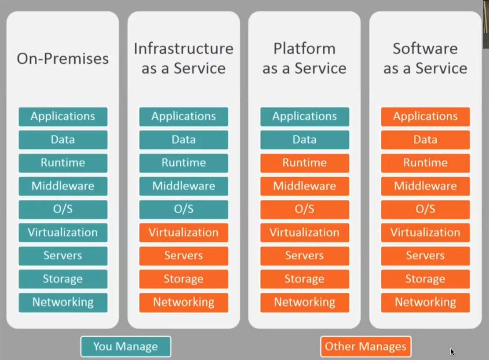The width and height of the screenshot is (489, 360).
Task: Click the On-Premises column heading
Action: pyautogui.click(x=62, y=58)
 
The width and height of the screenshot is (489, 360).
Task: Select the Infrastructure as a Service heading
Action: pyautogui.click(x=183, y=58)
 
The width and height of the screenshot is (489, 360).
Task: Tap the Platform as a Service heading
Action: pyautogui.click(x=304, y=58)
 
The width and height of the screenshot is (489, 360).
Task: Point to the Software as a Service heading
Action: pyautogui.click(x=425, y=58)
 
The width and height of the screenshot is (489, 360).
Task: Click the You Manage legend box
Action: pyautogui.click(x=125, y=346)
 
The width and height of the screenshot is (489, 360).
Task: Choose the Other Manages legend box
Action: pyautogui.click(x=365, y=346)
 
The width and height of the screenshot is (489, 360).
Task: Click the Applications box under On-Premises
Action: pyautogui.click(x=63, y=116)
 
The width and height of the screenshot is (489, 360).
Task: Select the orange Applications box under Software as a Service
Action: pyautogui.click(x=425, y=116)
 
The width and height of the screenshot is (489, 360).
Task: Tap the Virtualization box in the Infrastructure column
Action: pyautogui.click(x=183, y=233)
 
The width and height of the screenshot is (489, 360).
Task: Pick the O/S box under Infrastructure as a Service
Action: pyautogui.click(x=183, y=209)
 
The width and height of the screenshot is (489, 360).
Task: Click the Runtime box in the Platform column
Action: pyautogui.click(x=304, y=163)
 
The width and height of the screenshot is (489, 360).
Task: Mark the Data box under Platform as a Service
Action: pyautogui.click(x=304, y=140)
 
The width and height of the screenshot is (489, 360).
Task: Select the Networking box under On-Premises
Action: pyautogui.click(x=63, y=302)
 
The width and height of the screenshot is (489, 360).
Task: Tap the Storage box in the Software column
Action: pyautogui.click(x=425, y=279)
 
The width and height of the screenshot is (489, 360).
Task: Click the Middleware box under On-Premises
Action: pyautogui.click(x=63, y=186)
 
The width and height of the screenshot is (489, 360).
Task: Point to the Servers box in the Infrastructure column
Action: pyautogui.click(x=183, y=256)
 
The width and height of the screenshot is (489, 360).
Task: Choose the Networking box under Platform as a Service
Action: pyautogui.click(x=304, y=302)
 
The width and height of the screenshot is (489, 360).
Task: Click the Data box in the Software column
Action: pyautogui.click(x=425, y=140)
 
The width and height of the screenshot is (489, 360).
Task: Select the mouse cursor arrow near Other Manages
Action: pyautogui.click(x=452, y=352)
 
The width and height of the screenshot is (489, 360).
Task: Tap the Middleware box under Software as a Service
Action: pyautogui.click(x=425, y=186)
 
